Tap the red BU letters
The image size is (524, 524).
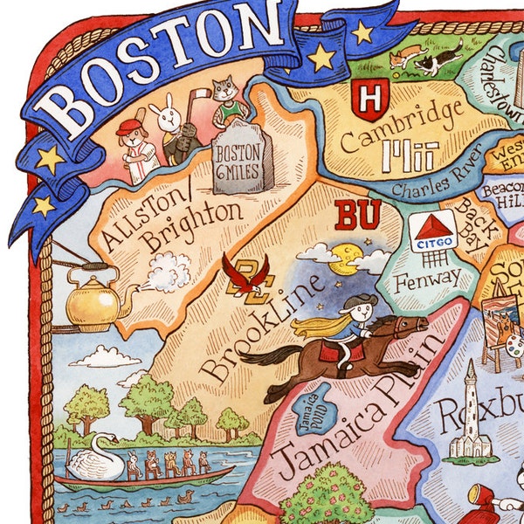(357, 216)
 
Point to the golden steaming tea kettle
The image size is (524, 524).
(92, 303)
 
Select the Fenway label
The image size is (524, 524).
(426, 278)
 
